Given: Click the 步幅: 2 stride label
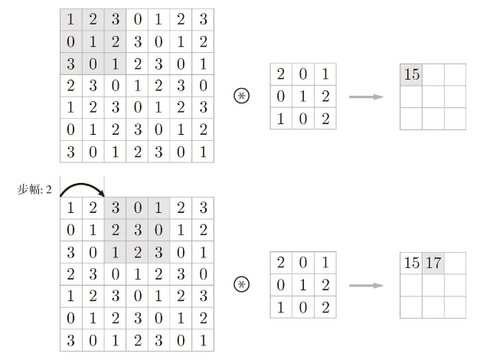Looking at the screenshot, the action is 34,190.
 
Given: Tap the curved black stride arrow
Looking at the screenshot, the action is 82,184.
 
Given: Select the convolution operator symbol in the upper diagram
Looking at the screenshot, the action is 241,96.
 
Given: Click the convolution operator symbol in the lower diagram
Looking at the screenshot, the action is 241,284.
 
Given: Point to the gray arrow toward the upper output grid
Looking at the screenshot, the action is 366,97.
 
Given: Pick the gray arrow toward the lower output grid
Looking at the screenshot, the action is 366,286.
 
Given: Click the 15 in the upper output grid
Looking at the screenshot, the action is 411,74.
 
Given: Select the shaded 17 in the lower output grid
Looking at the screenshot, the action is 433,263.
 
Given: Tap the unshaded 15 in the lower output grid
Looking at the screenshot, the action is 411,263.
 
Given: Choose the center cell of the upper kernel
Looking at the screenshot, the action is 303,97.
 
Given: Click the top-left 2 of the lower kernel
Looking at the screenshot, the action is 281,263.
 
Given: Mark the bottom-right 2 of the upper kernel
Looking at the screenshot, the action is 325,119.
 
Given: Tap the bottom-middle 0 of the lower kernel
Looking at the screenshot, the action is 303,307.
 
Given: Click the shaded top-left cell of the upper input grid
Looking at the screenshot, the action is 71,20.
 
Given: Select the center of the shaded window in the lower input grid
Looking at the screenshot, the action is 137,230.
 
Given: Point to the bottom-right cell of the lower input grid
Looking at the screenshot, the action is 203,340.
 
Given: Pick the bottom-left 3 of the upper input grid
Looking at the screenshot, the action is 70,152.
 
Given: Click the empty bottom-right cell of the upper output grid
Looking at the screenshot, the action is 456,119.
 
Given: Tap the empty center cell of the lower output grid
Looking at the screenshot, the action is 433,285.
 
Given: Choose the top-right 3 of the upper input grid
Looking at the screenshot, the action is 204,19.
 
